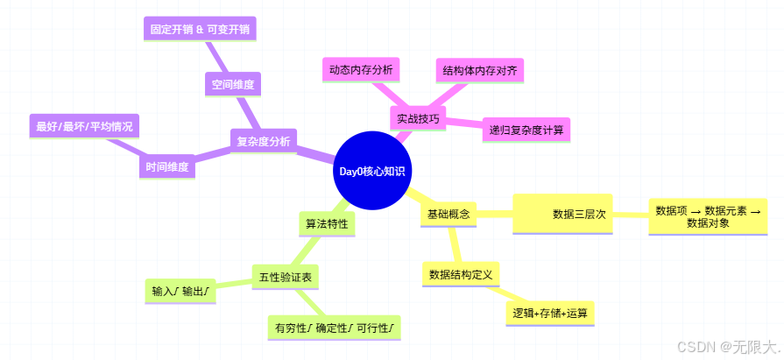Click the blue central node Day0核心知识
[x=371, y=171]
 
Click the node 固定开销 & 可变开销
[x=201, y=29]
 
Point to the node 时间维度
[x=166, y=166]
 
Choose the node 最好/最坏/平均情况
[x=84, y=126]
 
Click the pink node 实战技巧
[x=418, y=118]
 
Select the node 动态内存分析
[x=361, y=69]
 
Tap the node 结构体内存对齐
[x=479, y=70]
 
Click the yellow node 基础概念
[x=449, y=214]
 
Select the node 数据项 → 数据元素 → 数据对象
[x=708, y=216]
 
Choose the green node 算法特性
[x=326, y=223]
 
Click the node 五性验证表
[x=285, y=278]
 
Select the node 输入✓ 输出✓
[x=180, y=291]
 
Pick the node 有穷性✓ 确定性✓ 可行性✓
[x=334, y=328]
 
